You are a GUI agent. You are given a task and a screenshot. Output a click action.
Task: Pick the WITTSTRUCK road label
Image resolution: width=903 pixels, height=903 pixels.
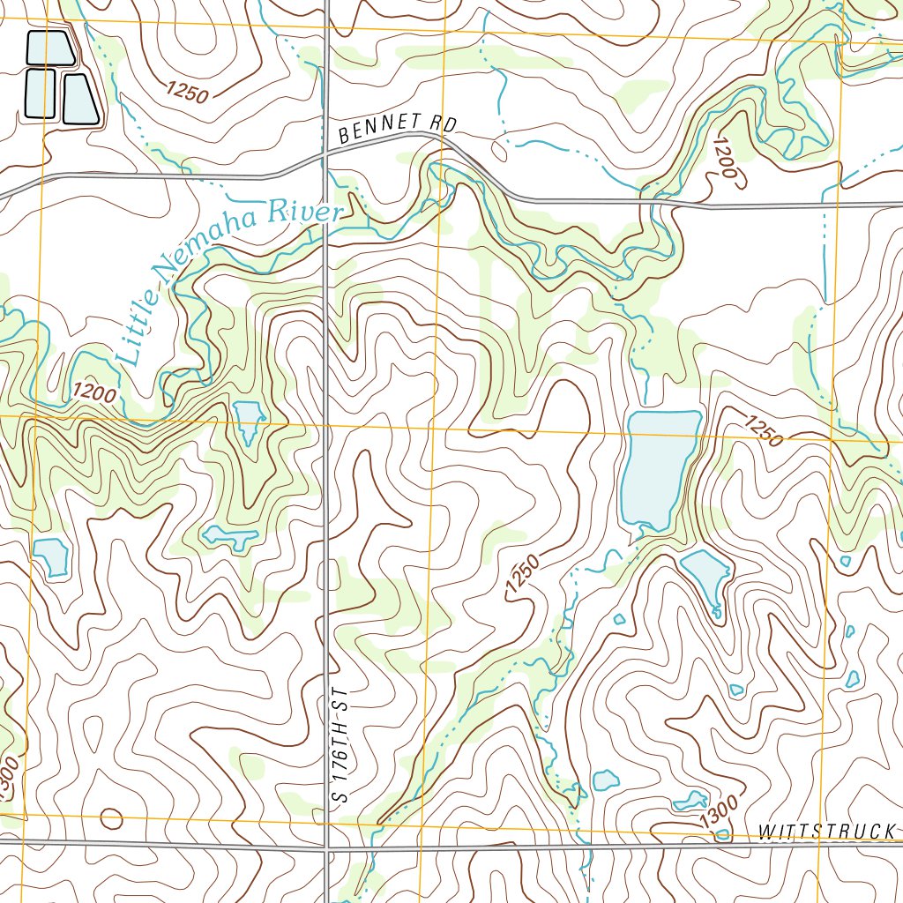click(829, 831)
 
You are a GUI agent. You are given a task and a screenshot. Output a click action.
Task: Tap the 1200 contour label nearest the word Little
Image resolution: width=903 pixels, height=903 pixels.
click(94, 392)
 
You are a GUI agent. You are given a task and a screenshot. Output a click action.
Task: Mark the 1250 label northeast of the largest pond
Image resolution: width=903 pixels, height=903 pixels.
click(763, 431)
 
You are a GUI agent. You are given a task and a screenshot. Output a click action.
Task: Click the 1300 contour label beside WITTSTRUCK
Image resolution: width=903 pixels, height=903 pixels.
click(718, 812)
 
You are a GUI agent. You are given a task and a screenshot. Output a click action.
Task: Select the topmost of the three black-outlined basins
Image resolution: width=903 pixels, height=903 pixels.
click(49, 49)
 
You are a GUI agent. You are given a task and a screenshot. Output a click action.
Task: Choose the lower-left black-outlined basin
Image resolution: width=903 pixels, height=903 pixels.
click(40, 93)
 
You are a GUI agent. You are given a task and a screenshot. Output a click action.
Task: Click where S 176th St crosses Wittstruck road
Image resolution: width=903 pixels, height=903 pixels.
click(327, 848)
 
